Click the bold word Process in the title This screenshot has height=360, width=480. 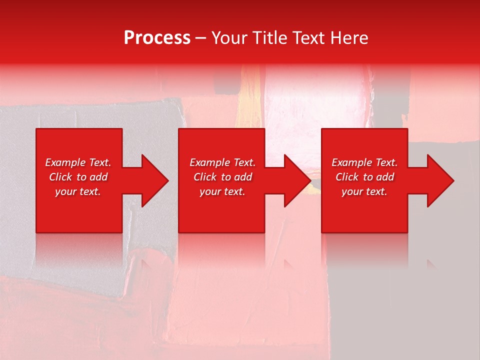point(157,38)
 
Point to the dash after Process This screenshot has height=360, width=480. point(201,38)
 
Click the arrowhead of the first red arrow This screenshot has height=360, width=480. point(155,180)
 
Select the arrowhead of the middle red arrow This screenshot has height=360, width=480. point(298,180)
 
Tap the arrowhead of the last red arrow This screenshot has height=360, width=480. point(440,180)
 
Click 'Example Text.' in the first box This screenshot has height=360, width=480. point(78,162)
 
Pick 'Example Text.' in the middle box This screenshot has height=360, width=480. point(222,162)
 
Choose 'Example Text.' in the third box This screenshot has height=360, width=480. point(364,162)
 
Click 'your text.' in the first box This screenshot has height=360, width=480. point(78,191)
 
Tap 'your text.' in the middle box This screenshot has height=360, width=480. point(222,191)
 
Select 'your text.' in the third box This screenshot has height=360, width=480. point(364,191)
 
